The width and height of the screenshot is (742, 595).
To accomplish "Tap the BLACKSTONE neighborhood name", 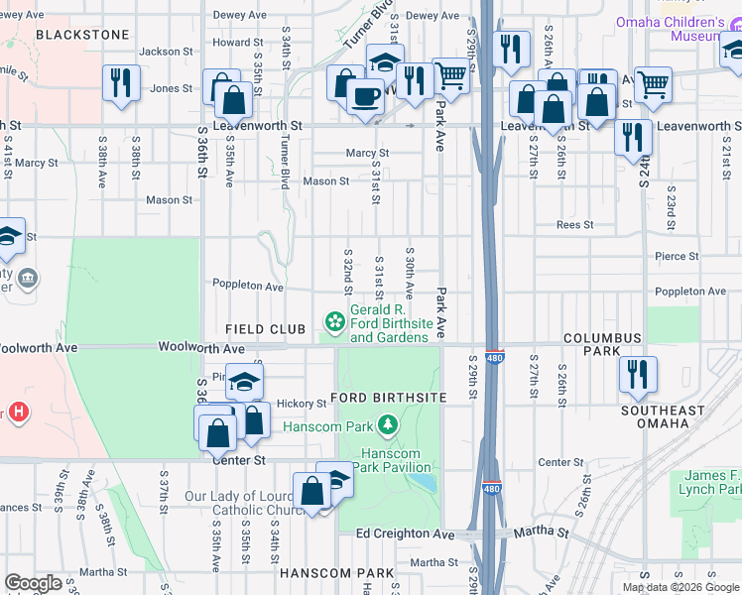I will [x=82, y=35].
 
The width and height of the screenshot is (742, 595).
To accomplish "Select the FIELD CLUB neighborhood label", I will [x=257, y=329].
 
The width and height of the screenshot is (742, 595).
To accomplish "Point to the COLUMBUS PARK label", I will [x=603, y=338].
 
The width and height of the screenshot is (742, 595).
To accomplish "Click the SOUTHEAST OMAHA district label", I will [x=663, y=416].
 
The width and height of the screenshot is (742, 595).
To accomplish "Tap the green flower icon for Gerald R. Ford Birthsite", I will [x=335, y=320].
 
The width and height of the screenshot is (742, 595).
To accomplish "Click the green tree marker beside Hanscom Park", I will [x=388, y=426].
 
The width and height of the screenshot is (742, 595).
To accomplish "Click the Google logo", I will [x=33, y=583].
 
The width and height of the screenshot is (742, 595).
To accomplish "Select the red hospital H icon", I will [x=17, y=411].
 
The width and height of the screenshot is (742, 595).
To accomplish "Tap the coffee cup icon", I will [x=365, y=96].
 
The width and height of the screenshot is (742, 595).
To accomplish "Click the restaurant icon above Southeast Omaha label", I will [x=634, y=374].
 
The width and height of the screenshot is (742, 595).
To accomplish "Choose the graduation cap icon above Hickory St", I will [x=244, y=382].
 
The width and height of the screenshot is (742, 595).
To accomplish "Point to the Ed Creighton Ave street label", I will [x=405, y=535].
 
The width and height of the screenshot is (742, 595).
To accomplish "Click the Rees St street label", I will [x=574, y=225].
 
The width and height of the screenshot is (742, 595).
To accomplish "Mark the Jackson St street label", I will [x=166, y=52].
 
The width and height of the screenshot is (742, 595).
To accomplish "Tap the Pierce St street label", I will [x=677, y=256].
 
